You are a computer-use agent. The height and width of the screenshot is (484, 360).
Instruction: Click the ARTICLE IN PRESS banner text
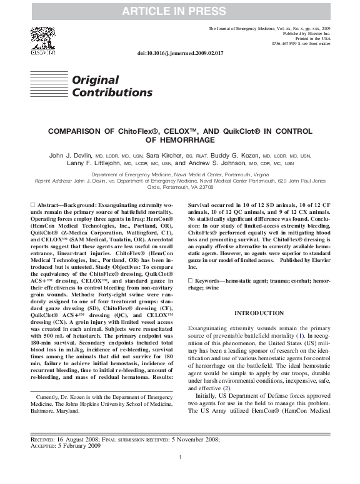(x=179, y=11)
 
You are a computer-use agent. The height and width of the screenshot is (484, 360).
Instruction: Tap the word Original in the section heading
(x=95, y=80)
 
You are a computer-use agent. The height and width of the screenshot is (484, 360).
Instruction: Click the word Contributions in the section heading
(x=112, y=93)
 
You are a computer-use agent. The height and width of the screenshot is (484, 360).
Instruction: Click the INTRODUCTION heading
(x=258, y=313)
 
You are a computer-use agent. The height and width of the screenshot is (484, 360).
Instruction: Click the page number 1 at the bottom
(x=179, y=475)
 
